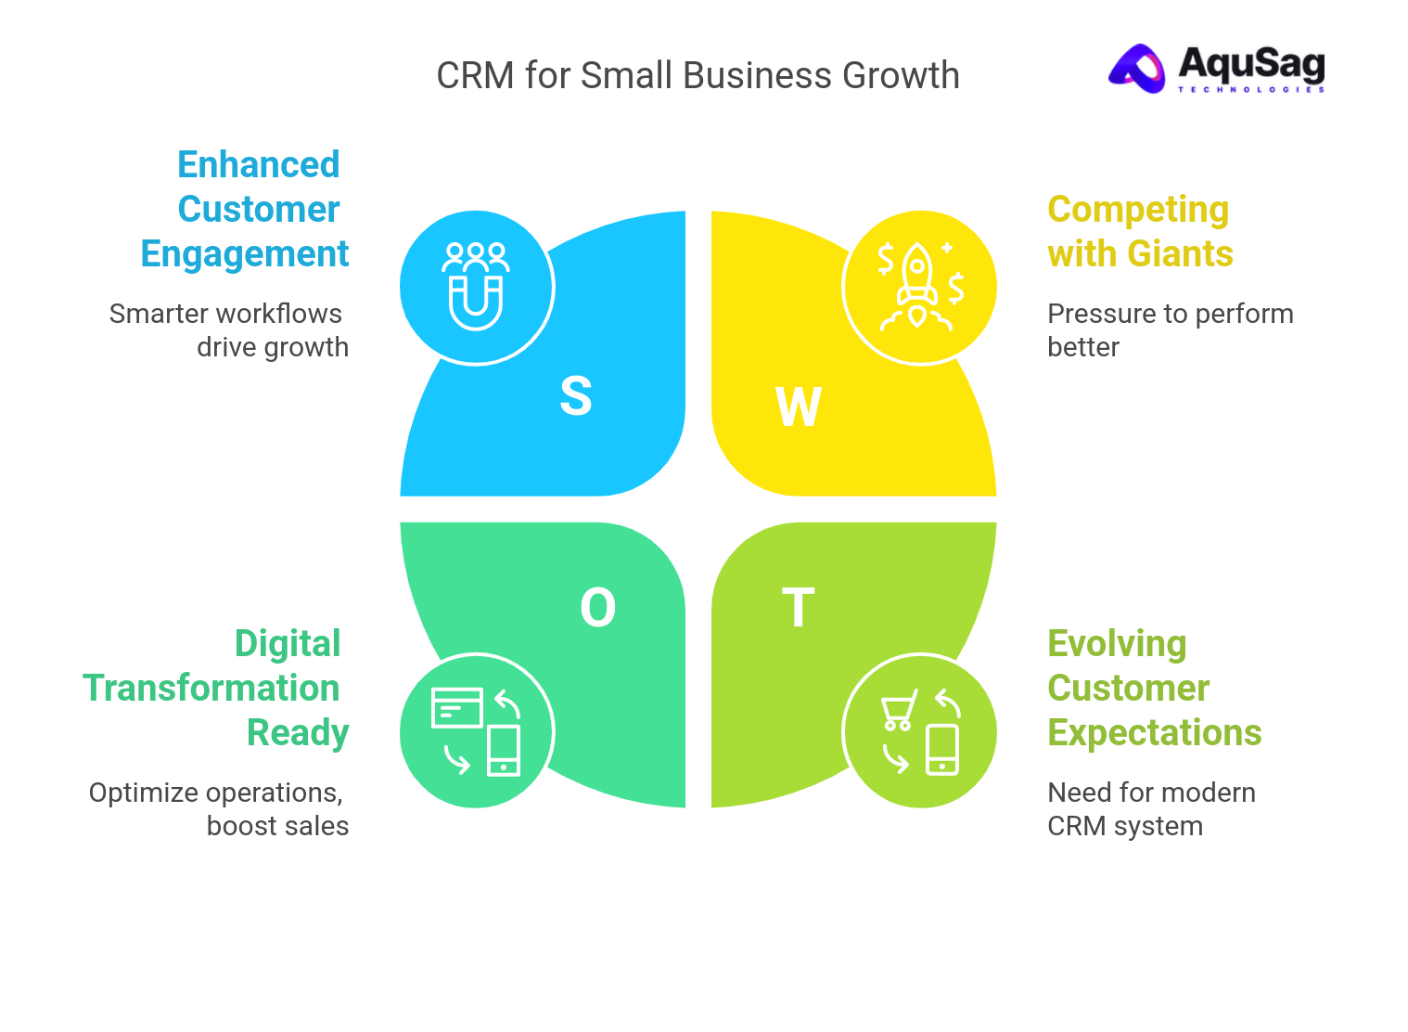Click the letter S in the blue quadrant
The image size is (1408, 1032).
(575, 396)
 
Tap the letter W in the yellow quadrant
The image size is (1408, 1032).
(798, 406)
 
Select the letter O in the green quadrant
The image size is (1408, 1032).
(597, 609)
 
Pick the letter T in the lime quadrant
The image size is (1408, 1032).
(798, 608)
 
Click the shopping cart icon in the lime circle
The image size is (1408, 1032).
(898, 710)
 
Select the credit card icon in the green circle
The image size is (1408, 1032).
(457, 707)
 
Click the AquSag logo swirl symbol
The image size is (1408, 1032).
(1137, 69)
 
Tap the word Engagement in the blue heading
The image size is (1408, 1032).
(245, 254)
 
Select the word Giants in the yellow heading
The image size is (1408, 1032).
(1180, 254)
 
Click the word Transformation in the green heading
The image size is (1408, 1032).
(211, 689)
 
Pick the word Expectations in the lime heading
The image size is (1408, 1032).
(1154, 733)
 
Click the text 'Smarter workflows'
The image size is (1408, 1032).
(225, 314)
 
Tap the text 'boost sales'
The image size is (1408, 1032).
(277, 826)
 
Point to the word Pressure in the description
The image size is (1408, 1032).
(1091, 314)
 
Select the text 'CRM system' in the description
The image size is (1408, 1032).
(1124, 826)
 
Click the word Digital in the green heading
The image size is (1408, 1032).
(288, 644)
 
